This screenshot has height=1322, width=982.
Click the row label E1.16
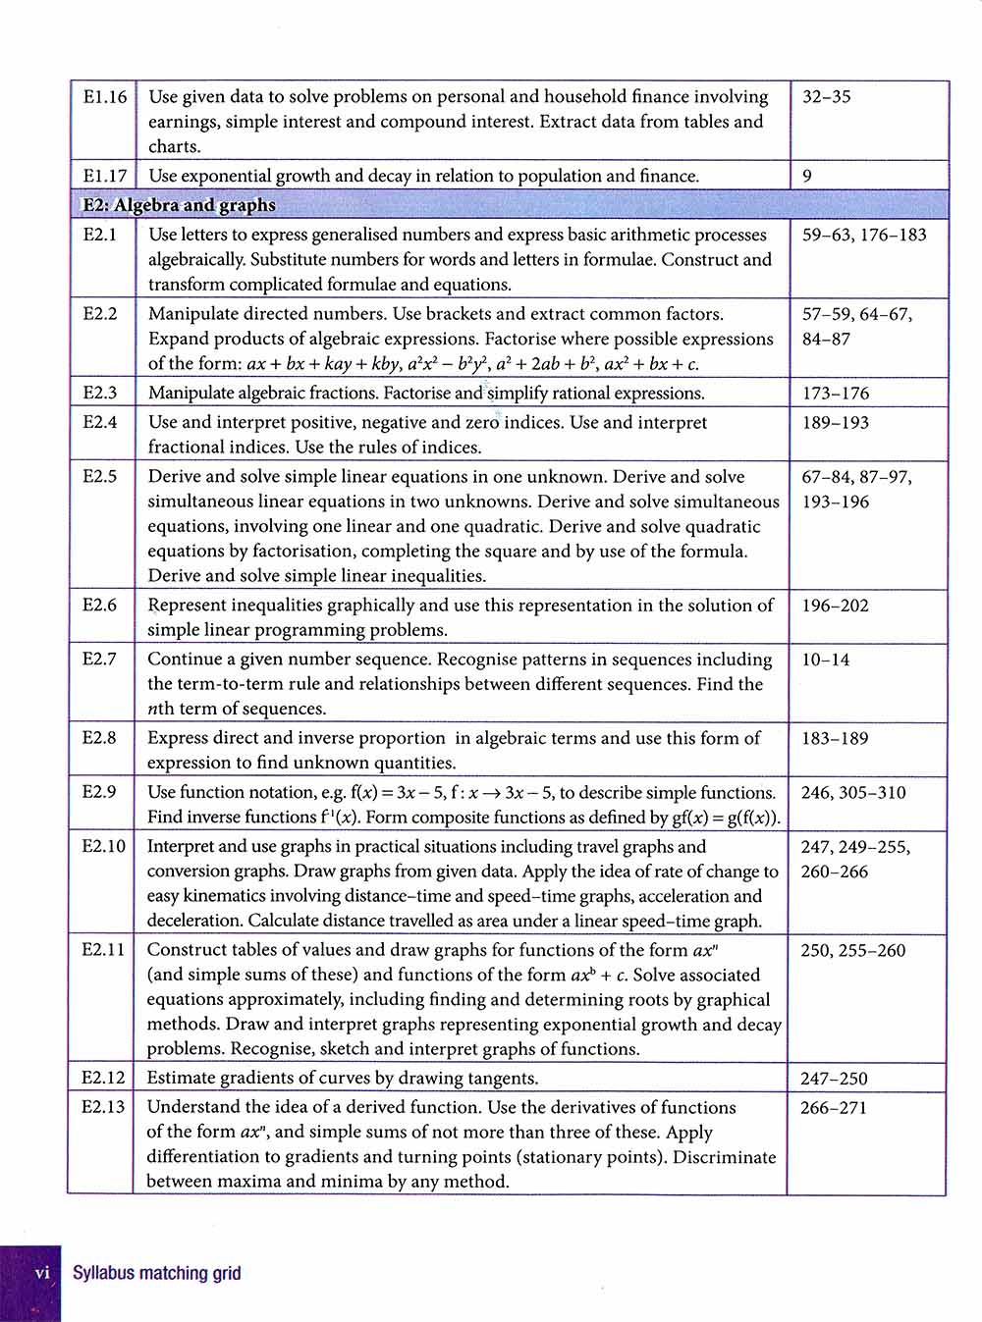[x=105, y=97]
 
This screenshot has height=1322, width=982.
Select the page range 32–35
[x=827, y=97]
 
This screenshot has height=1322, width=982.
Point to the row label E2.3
[x=100, y=393]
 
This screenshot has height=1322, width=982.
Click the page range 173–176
[x=836, y=394]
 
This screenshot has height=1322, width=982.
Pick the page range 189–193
[x=836, y=423]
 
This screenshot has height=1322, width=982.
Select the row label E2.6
[x=100, y=606]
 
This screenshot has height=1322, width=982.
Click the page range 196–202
[x=835, y=606]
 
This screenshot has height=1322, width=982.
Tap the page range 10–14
[x=826, y=660]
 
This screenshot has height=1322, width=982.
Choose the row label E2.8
[x=100, y=738]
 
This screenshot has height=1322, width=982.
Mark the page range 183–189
[x=835, y=738]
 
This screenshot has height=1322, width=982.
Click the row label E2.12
[x=104, y=1078]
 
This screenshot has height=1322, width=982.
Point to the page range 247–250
[x=834, y=1079]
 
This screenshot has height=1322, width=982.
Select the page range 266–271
[x=834, y=1108]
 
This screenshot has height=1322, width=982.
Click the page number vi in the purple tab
[x=42, y=1273]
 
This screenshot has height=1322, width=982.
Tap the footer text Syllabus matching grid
[x=156, y=1274]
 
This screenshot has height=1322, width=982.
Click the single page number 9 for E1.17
[x=807, y=177]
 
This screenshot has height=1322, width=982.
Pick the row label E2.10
[x=104, y=846]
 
